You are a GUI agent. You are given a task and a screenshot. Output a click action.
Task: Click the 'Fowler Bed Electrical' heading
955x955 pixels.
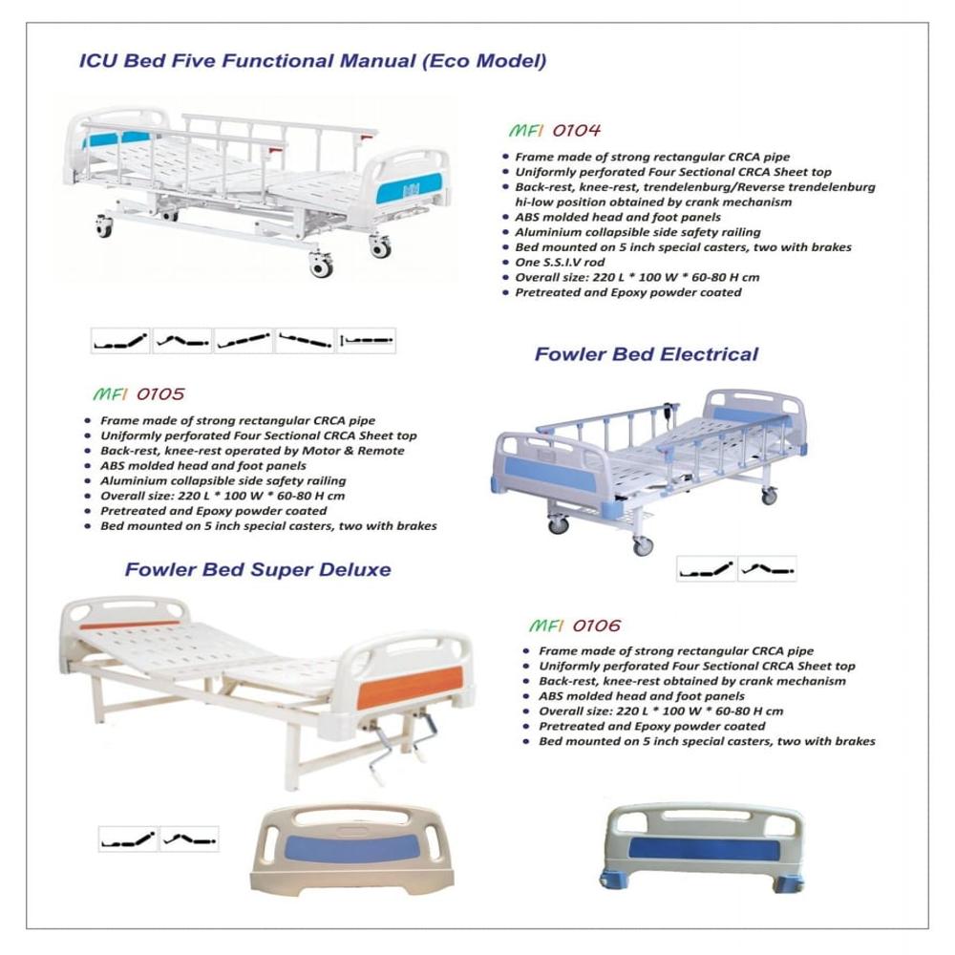point(646,354)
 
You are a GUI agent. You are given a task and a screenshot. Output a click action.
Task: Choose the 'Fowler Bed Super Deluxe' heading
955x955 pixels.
point(258,570)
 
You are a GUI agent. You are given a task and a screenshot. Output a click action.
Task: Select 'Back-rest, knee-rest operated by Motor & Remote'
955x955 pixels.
point(252,451)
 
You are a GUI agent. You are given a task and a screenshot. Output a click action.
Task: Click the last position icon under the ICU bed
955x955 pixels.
point(366,341)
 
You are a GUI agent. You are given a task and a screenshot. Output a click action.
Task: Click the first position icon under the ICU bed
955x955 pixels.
point(120,341)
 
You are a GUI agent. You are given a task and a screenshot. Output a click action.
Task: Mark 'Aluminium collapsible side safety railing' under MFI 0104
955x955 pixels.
point(638,232)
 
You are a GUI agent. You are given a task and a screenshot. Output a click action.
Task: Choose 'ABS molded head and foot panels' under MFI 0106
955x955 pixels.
point(628,696)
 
